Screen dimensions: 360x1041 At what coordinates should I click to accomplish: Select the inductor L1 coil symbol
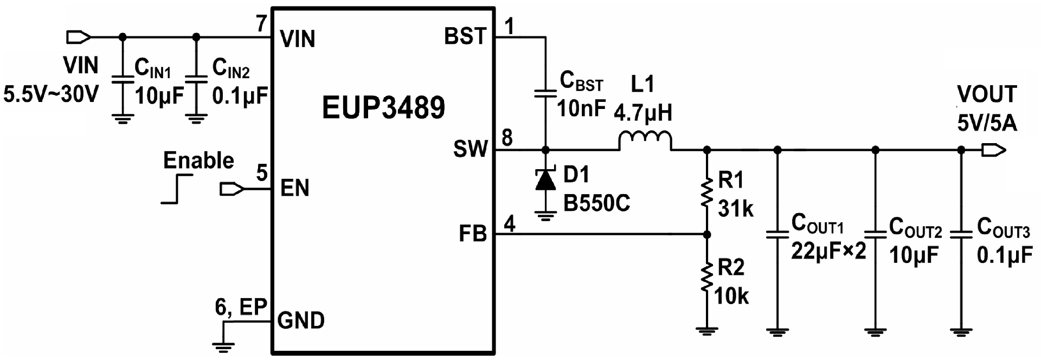pyautogui.click(x=645, y=141)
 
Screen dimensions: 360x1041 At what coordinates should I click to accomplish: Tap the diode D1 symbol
pyautogui.click(x=545, y=180)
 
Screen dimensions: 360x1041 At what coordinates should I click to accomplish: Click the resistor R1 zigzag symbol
pyautogui.click(x=706, y=194)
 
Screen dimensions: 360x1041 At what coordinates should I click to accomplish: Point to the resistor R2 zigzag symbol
pyautogui.click(x=706, y=278)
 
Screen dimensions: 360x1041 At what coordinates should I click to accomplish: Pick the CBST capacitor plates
pyautogui.click(x=545, y=93)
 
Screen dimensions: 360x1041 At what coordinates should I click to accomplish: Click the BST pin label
pyautogui.click(x=465, y=36)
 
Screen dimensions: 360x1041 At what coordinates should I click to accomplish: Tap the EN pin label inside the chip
pyautogui.click(x=295, y=188)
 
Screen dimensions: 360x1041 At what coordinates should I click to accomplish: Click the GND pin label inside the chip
pyautogui.click(x=301, y=320)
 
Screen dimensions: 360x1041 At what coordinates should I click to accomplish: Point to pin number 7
pyautogui.click(x=261, y=24)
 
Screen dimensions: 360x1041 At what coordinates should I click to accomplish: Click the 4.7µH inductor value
pyautogui.click(x=643, y=113)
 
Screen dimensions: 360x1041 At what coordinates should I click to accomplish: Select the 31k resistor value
pyautogui.click(x=736, y=209)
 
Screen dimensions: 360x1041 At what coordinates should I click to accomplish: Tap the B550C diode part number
pyautogui.click(x=597, y=203)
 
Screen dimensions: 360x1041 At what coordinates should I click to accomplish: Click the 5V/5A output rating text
pyautogui.click(x=987, y=124)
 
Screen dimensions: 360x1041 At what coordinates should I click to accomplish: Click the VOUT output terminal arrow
pyautogui.click(x=993, y=150)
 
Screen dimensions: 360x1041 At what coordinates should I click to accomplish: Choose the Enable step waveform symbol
pyautogui.click(x=177, y=189)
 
